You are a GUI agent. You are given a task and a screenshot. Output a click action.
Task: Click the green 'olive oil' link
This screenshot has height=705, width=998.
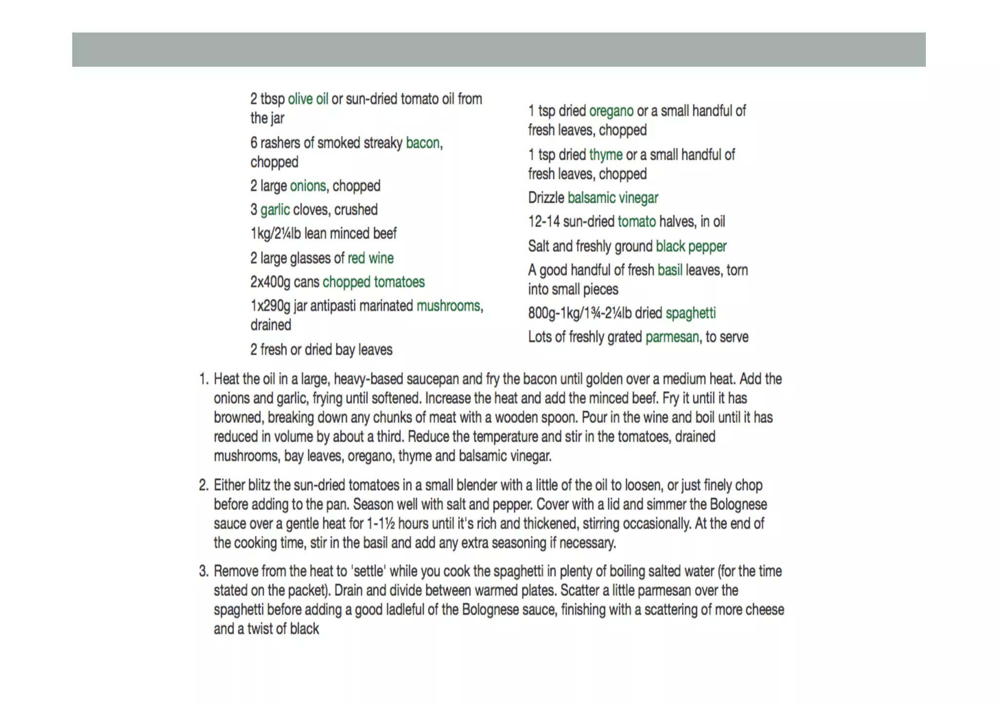(308, 99)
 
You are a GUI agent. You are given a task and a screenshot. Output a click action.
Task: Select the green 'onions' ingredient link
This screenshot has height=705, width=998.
(308, 186)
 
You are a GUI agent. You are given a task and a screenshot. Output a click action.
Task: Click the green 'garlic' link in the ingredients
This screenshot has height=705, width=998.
(275, 210)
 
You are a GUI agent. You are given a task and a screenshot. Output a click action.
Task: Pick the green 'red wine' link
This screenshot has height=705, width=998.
(370, 258)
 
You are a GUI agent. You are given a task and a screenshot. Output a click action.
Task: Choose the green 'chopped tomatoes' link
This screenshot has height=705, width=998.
(373, 282)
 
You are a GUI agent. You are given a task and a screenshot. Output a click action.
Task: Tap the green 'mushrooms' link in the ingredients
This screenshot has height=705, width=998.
(448, 306)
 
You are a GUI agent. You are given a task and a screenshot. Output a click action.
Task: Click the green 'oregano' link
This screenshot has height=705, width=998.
(611, 111)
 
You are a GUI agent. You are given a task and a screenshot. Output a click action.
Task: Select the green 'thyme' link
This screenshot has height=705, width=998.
(606, 155)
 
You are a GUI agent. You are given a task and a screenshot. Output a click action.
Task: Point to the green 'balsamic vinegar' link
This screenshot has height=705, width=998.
(613, 198)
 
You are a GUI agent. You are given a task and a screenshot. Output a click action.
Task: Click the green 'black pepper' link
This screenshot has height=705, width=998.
(691, 247)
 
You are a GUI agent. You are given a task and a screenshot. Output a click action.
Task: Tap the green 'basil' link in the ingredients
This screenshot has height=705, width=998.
(670, 270)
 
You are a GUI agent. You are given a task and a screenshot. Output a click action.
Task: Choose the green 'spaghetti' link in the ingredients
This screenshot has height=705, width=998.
(691, 313)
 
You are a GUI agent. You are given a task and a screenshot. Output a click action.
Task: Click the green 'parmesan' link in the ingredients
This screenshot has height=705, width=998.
(672, 337)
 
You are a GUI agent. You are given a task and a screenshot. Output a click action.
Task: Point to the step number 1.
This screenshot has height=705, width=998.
(203, 379)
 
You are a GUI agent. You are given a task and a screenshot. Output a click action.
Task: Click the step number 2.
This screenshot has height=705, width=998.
(203, 485)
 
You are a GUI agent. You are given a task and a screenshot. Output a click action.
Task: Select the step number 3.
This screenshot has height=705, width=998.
(203, 571)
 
